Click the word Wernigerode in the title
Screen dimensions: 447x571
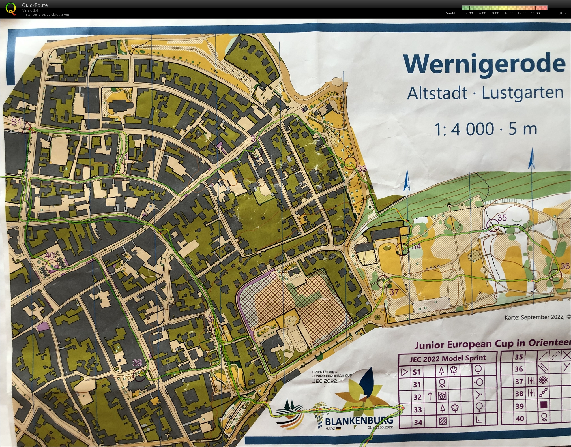point(484,65)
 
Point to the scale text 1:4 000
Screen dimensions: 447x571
point(464,129)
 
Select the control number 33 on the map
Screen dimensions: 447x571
point(362,169)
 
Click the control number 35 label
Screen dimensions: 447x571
point(502,217)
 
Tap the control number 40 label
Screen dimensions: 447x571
point(50,255)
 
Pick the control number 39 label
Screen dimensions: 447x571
point(137,362)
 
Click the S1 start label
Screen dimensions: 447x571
point(16,122)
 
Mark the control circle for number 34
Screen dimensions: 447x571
point(402,249)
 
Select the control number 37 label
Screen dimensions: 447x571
point(394,292)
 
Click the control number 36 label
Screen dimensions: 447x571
point(565,266)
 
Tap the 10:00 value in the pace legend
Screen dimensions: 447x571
point(509,13)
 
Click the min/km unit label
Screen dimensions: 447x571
point(559,13)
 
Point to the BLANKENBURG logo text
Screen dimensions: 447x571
point(359,421)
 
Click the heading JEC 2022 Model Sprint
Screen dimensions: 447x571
point(447,358)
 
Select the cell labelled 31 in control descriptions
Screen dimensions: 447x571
point(417,384)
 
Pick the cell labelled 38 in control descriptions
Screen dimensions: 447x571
point(519,393)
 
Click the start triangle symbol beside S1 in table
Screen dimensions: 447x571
point(405,372)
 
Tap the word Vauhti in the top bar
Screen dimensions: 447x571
point(451,13)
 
